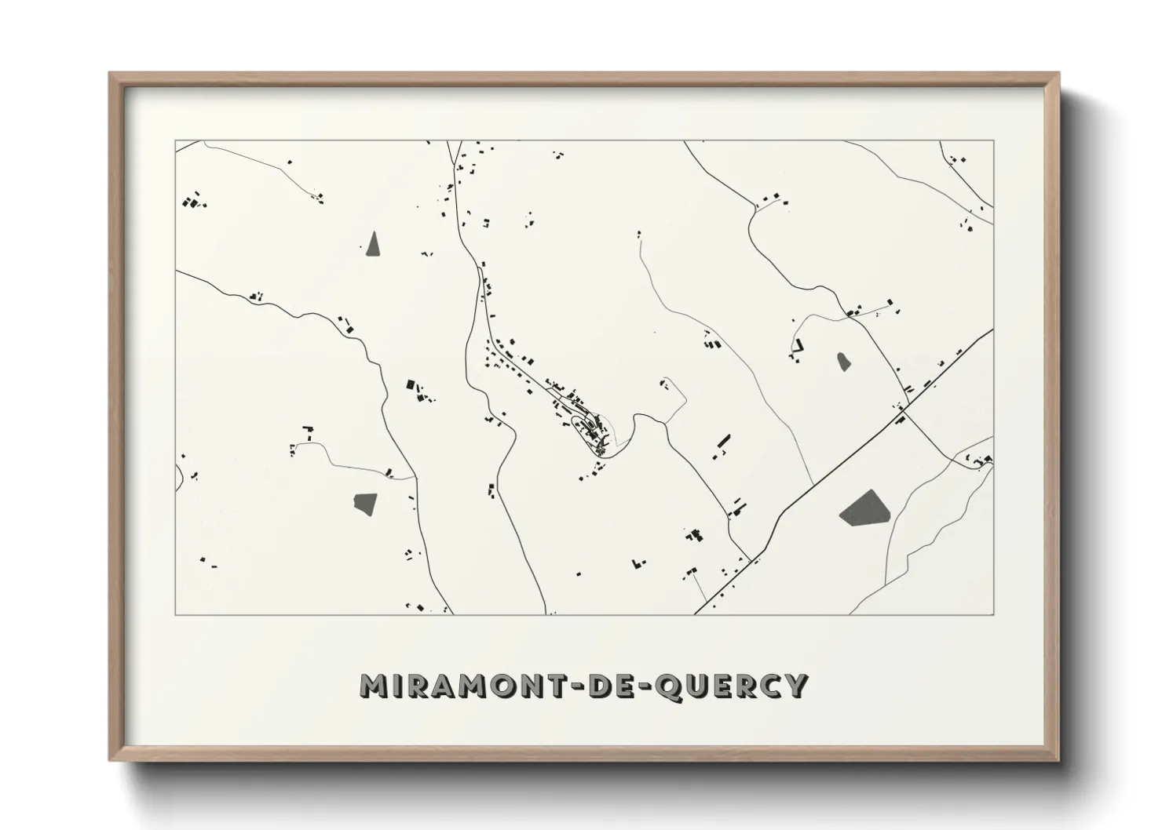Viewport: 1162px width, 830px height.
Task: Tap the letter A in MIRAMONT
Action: tap(437, 686)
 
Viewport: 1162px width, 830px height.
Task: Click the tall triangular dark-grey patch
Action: tap(373, 246)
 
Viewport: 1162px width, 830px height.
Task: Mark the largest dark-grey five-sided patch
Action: tap(864, 508)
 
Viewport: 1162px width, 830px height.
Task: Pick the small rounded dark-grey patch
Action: tap(844, 362)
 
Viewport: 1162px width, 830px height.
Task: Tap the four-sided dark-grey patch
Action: tap(365, 503)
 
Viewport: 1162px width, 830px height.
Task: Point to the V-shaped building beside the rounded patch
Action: tap(799, 345)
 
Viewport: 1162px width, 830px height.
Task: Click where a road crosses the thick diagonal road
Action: tap(903, 409)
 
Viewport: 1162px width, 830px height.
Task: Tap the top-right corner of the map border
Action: tap(994, 140)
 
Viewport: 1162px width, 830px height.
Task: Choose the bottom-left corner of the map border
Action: tap(175, 614)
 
